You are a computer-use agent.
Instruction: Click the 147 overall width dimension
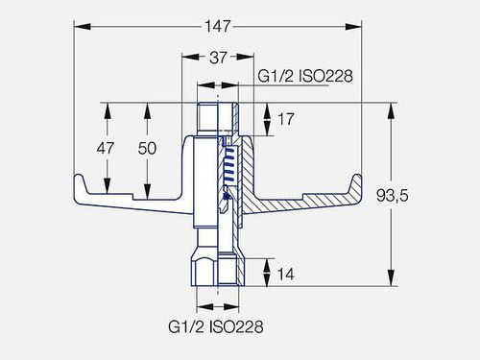tap(217, 26)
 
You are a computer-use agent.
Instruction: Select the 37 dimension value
tap(218, 58)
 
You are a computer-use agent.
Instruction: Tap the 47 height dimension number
tap(106, 148)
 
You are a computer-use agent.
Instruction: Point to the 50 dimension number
tap(147, 148)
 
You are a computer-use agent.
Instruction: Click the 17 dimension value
tap(285, 119)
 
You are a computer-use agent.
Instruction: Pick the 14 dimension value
tap(285, 275)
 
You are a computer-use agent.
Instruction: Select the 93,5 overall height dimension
tap(393, 196)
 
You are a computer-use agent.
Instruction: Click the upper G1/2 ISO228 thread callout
tap(305, 76)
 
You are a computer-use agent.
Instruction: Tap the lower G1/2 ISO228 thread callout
tap(216, 326)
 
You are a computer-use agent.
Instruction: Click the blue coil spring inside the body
tap(229, 166)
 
